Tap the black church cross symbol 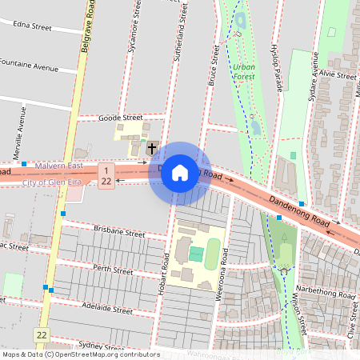[152, 148]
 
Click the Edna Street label [33, 26]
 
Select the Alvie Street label [337, 75]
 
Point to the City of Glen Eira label [57, 183]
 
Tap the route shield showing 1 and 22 [106, 175]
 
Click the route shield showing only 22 [41, 333]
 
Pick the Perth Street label [113, 270]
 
